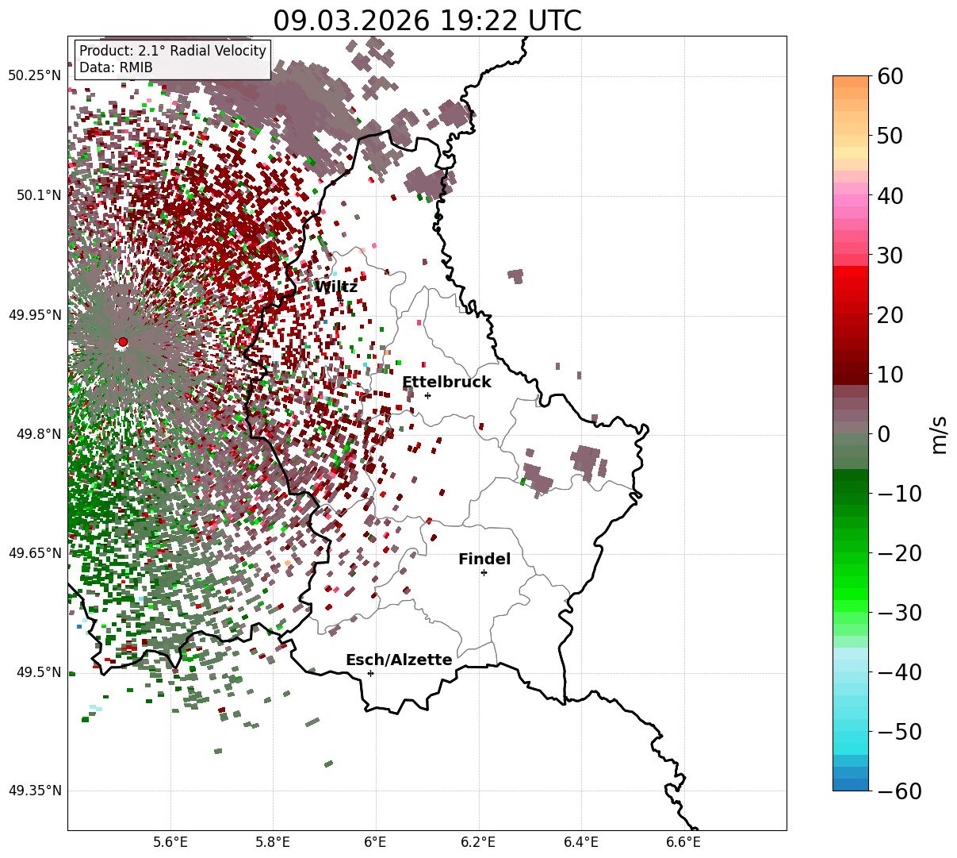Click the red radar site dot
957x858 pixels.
click(x=123, y=342)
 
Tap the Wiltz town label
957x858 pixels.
click(x=336, y=287)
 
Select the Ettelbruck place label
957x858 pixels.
click(x=446, y=383)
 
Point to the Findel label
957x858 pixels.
click(x=484, y=560)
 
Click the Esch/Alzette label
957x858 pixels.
click(x=399, y=660)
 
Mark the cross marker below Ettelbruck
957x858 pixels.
click(x=428, y=395)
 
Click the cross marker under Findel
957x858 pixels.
click(x=484, y=572)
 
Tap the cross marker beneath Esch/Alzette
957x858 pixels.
click(x=370, y=673)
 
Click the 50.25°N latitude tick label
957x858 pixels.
click(x=34, y=76)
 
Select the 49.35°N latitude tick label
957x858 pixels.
click(x=34, y=791)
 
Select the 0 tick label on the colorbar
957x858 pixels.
click(x=884, y=434)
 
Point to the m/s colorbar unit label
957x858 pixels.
click(x=939, y=434)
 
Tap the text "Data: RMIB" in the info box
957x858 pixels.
click(x=116, y=68)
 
